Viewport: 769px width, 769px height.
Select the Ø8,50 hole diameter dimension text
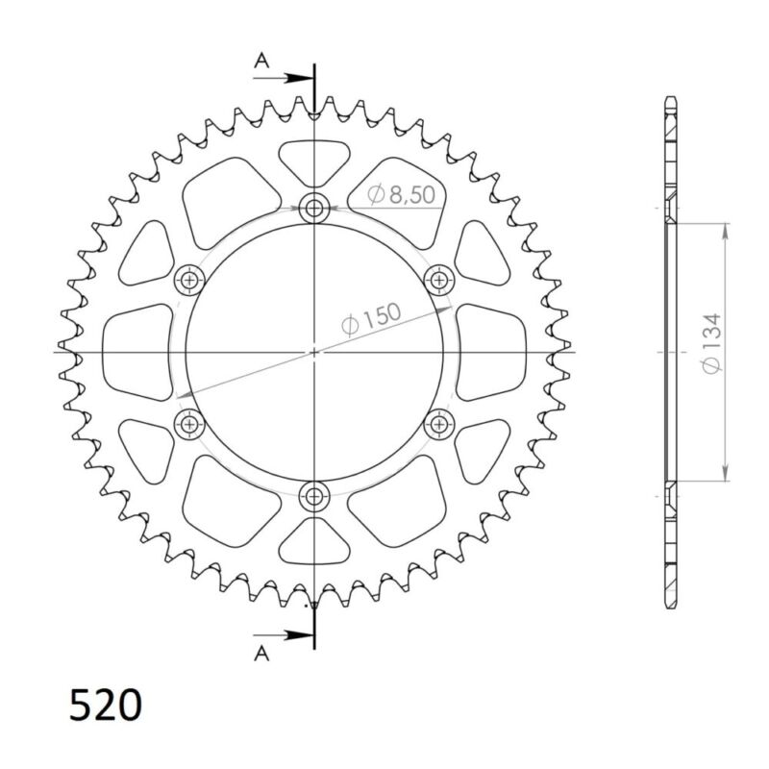coord(402,195)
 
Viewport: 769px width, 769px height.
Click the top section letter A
coord(260,62)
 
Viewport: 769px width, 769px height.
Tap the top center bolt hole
coord(314,207)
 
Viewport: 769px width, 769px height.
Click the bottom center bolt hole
coord(314,496)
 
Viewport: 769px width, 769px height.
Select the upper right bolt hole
coord(439,280)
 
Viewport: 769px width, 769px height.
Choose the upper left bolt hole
coord(188,280)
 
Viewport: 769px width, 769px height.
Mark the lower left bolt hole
coord(188,423)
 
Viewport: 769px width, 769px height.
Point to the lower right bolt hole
coord(439,423)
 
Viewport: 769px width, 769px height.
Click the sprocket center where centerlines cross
coord(314,352)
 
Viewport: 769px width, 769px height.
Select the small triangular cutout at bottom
coord(314,544)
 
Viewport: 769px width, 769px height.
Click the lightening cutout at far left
coord(136,351)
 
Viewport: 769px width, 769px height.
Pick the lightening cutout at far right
coord(491,351)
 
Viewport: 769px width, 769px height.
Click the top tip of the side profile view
coord(671,98)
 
